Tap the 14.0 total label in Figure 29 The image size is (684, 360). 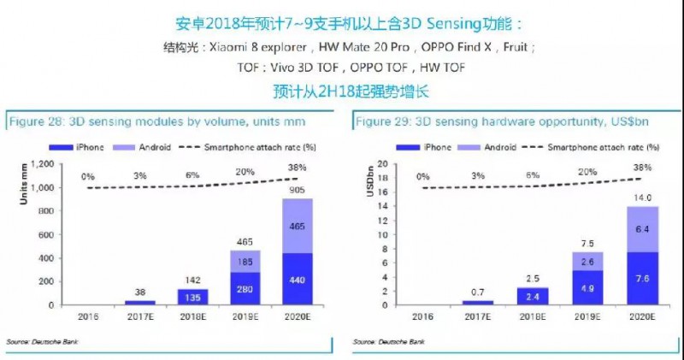click(642, 198)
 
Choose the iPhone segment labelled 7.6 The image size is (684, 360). click(642, 278)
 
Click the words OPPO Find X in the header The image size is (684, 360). click(466, 46)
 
